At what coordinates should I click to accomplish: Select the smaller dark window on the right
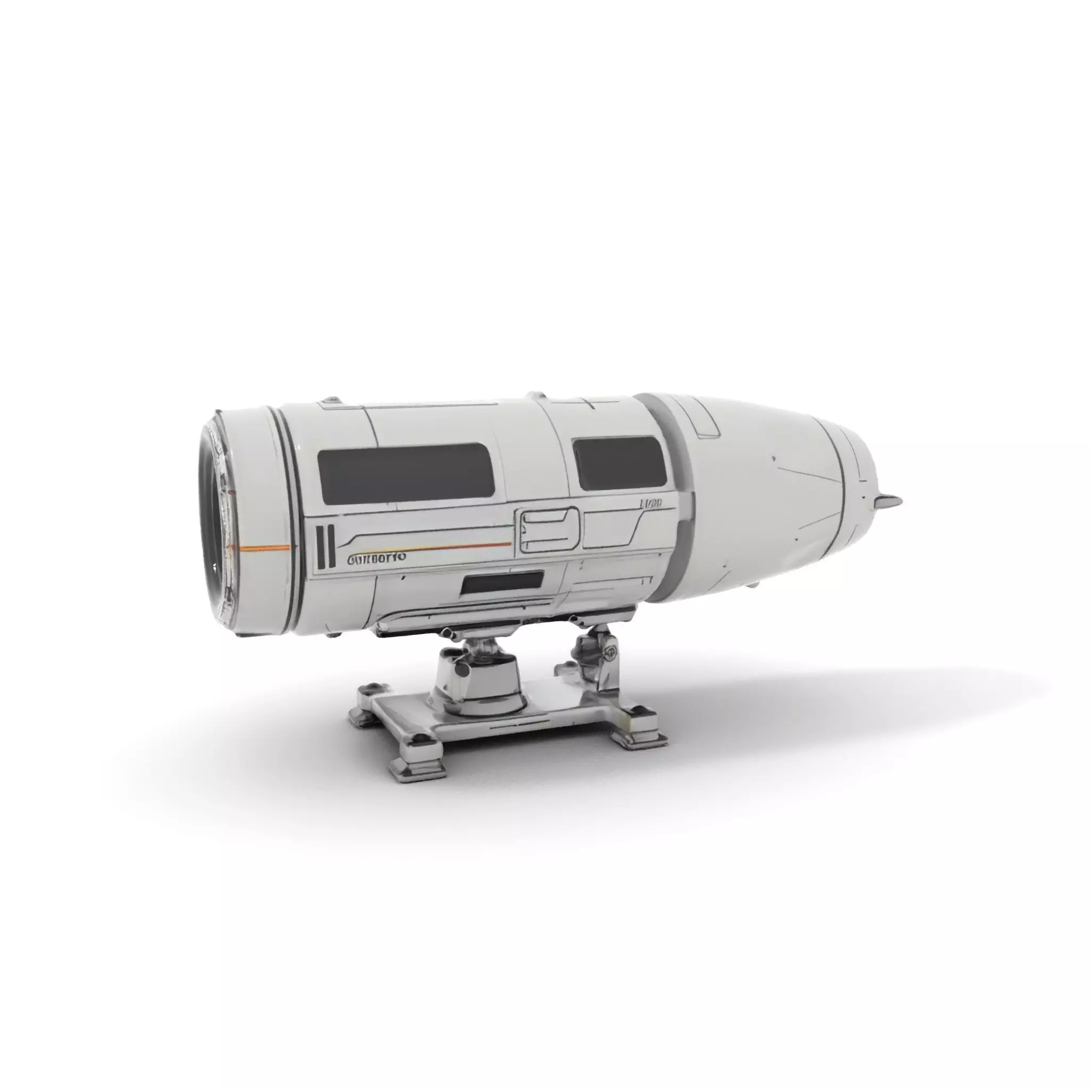pyautogui.click(x=619, y=463)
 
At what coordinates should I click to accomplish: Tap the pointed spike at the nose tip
pyautogui.click(x=890, y=499)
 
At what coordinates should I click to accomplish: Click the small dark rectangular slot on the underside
pyautogui.click(x=501, y=582)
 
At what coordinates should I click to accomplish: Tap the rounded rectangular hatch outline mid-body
pyautogui.click(x=549, y=529)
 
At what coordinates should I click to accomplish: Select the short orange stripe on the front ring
pyautogui.click(x=265, y=548)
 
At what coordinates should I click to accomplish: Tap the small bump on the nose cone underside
pyautogui.click(x=750, y=587)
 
